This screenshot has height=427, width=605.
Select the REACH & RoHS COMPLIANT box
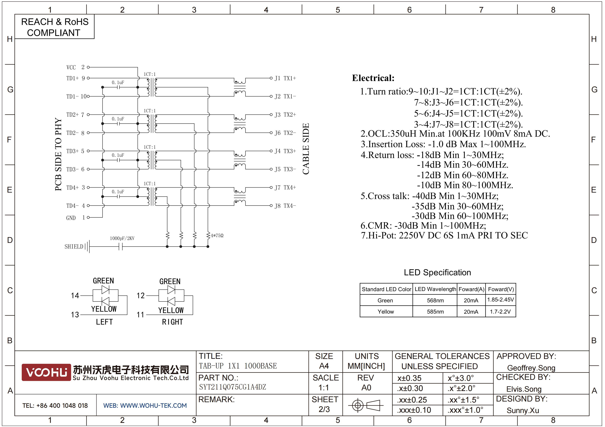tap(54, 27)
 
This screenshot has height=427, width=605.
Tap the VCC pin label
tap(71, 67)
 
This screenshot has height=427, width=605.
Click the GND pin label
tap(71, 218)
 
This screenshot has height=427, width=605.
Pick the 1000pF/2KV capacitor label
tap(122, 238)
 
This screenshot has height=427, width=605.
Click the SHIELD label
tap(74, 246)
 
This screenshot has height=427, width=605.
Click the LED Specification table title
tap(437, 272)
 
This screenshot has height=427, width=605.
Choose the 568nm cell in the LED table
tap(435, 300)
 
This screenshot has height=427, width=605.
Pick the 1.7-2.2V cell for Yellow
tap(500, 311)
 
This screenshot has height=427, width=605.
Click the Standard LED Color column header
tap(386, 289)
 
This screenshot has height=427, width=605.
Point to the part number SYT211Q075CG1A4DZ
tap(232, 387)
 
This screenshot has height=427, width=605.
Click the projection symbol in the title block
tap(366, 405)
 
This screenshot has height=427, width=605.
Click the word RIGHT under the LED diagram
tap(172, 322)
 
